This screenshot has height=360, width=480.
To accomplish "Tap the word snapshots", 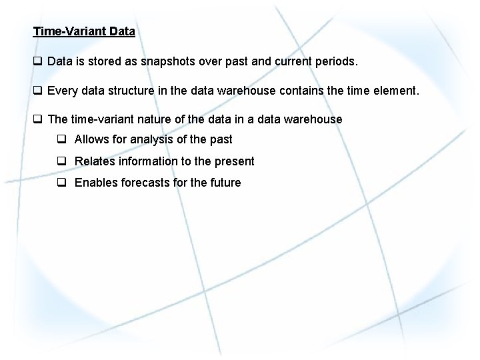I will tap(167, 61).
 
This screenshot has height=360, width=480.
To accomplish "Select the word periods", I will tap(335, 61).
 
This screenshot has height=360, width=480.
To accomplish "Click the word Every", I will tap(63, 90).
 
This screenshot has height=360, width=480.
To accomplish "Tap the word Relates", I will tap(95, 161).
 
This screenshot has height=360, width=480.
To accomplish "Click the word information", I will tap(149, 161).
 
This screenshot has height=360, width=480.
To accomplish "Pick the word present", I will tap(233, 161).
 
